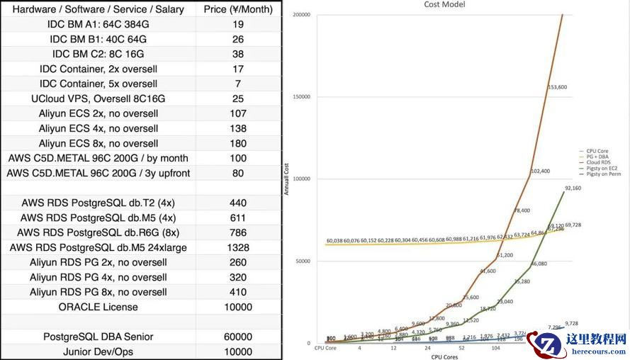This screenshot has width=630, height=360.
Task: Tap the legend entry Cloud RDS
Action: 597,162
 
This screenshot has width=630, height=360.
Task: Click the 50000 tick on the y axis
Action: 303,261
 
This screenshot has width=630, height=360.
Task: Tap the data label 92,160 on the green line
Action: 573,189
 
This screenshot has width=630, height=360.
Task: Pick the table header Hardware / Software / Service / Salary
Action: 98,9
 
